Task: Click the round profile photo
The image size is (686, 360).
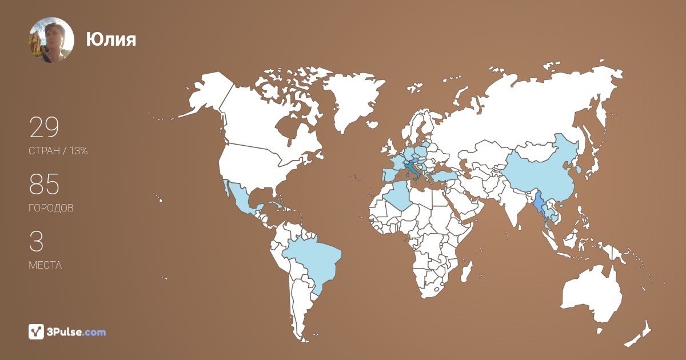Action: click(x=51, y=39)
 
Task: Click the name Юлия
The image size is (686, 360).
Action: click(x=111, y=39)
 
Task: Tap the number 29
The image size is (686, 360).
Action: click(x=44, y=128)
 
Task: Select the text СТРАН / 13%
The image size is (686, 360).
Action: click(x=58, y=151)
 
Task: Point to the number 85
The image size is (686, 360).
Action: click(x=44, y=185)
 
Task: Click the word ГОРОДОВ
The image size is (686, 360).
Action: click(x=51, y=209)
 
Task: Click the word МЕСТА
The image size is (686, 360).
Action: click(x=45, y=265)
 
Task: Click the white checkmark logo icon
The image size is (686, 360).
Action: click(x=36, y=331)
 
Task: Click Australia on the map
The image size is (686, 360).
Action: click(x=592, y=294)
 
